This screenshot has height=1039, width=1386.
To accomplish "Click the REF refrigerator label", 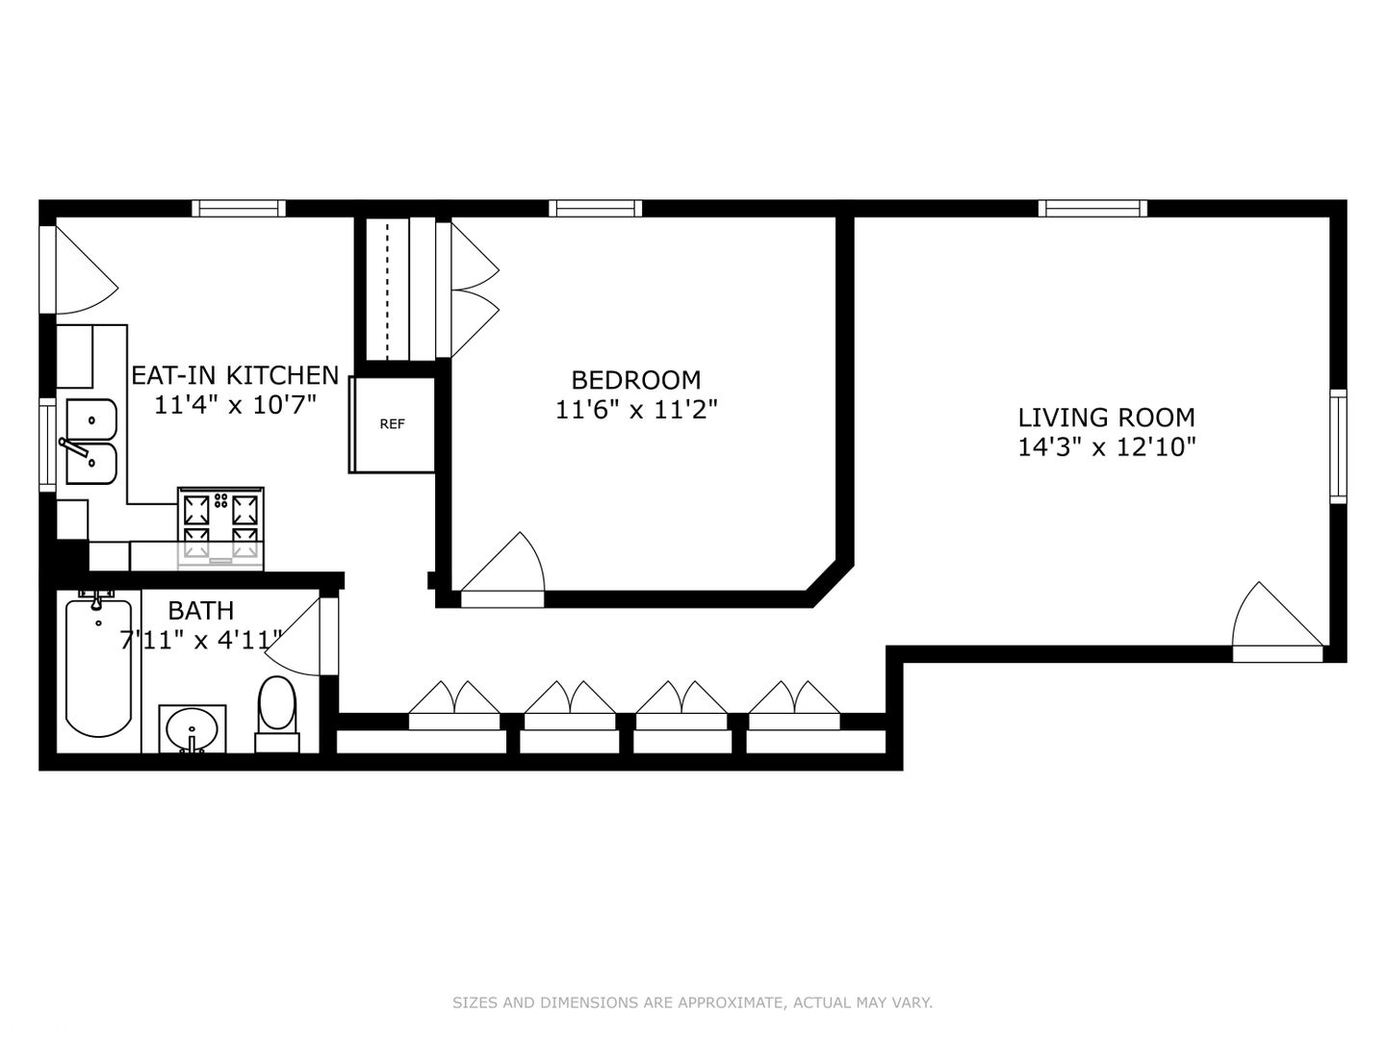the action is coord(392,424).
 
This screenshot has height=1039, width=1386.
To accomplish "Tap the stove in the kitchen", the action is coord(220,528).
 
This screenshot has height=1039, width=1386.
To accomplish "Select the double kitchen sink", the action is coord(91,442).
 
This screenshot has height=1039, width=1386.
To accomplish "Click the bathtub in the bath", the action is coord(98,668).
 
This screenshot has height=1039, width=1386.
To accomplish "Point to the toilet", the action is coord(277,714).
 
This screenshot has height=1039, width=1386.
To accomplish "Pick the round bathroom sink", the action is coord(192,729).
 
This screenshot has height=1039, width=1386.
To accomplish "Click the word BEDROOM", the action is coord(636,380).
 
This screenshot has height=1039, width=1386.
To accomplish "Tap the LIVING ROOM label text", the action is coord(1106,418).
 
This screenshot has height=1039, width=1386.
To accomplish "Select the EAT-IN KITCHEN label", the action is coord(235,375).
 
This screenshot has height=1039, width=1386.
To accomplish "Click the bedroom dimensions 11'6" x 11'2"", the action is coord(636,410).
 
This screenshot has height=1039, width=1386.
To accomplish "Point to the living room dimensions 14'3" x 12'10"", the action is coord(1107,447).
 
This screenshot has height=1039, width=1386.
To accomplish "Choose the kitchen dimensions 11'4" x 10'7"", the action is coord(235,405).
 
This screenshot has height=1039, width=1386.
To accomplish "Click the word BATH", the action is coord(201,611).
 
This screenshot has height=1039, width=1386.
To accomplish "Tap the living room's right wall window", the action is coord(1338,446).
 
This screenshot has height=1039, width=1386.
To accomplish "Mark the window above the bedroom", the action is coord(595,208).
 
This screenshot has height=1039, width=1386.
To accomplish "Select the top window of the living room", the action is coord(1092,208).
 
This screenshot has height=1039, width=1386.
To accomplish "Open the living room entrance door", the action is coord(1277,622).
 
